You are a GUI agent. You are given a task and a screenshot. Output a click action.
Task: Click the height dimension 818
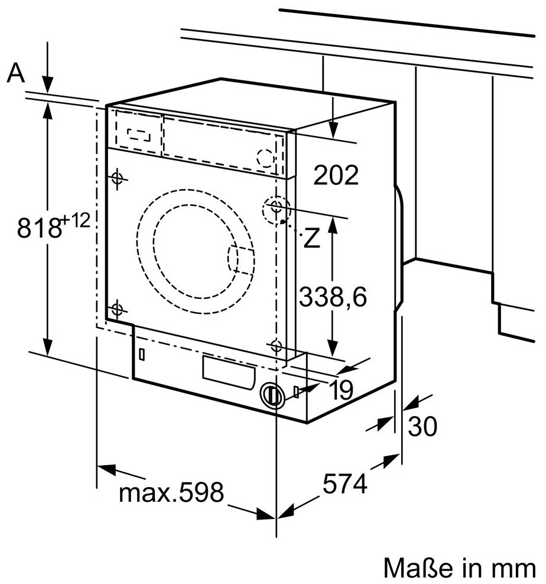point(38,228)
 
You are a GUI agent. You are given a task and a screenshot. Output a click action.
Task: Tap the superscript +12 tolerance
point(76,222)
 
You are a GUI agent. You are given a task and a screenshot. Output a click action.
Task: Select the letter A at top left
point(17,74)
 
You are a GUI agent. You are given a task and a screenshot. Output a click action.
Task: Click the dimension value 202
point(336,175)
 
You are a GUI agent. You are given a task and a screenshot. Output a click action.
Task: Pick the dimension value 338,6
point(333,297)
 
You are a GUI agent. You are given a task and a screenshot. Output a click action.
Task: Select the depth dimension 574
point(345,484)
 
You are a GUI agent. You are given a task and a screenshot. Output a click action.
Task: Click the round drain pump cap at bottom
point(271,394)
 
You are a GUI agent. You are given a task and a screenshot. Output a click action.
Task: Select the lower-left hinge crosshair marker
point(116,309)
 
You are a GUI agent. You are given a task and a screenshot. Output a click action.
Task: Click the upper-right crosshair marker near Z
point(276,206)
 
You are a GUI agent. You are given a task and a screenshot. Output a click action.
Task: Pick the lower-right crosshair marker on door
point(276,345)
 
